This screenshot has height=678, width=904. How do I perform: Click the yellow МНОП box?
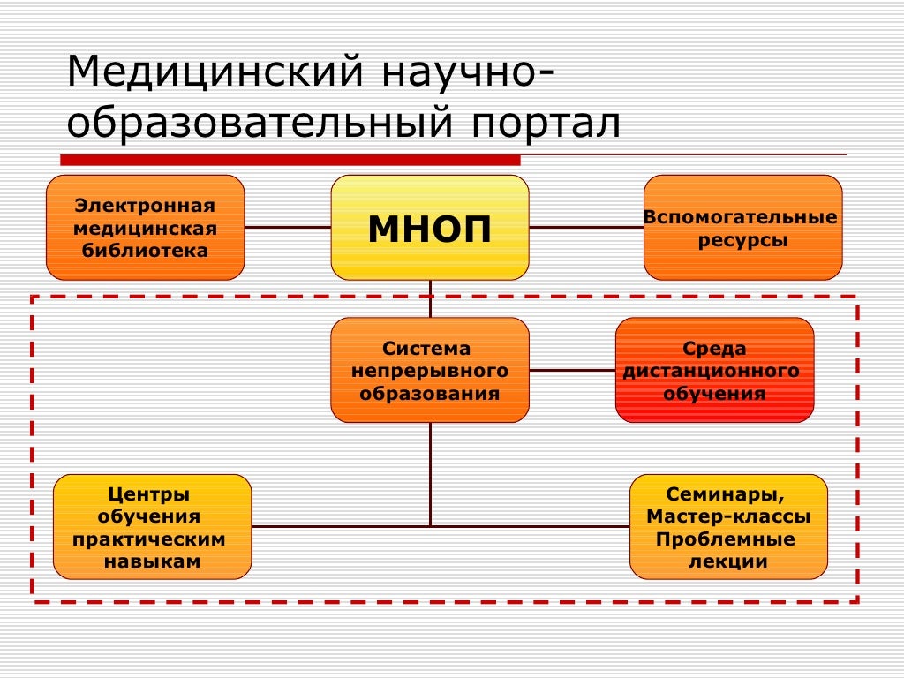point(430,228)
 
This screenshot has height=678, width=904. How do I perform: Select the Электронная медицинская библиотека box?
point(145,228)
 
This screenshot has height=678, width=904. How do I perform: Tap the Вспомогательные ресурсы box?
point(742,228)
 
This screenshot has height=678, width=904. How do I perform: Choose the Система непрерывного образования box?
point(430,370)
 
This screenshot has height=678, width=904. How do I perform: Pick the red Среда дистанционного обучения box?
point(714,370)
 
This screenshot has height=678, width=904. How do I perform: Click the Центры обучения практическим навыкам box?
point(152,526)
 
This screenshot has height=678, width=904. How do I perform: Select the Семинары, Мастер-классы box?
point(728,526)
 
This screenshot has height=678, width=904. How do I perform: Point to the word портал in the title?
point(544,124)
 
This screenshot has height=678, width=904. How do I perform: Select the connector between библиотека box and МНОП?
point(287,227)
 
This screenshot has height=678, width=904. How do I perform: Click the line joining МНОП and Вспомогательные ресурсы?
point(586,227)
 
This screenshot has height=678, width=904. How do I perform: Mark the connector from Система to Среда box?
point(572,370)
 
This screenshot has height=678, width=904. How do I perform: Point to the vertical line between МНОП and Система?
point(431,298)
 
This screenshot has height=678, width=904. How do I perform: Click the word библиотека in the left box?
point(145,250)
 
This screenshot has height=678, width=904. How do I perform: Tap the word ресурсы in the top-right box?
point(742,239)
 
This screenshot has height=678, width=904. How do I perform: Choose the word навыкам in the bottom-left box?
point(152,561)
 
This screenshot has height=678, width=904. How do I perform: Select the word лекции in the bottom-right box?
point(728,561)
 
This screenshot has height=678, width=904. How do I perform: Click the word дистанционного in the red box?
point(714,371)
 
